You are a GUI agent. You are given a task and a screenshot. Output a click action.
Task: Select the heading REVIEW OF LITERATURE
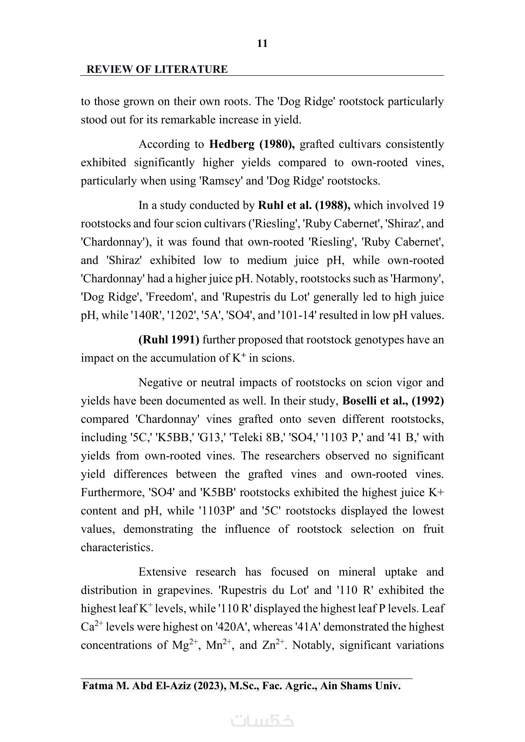[x=157, y=69]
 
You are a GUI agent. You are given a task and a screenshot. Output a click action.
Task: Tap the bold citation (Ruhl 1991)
[x=169, y=340]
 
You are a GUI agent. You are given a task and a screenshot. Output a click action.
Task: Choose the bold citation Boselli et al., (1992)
[x=393, y=401]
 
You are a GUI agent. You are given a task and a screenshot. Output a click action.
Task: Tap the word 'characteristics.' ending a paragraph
[x=117, y=547]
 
